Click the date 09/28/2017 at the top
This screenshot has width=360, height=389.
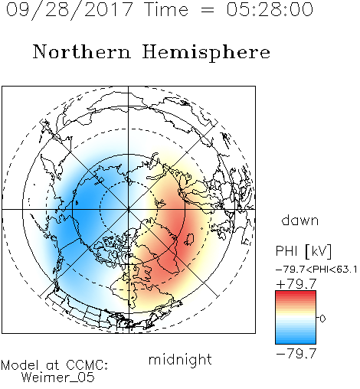coord(70,10)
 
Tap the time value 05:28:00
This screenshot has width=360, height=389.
coord(270,9)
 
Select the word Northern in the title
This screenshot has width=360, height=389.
coord(82,51)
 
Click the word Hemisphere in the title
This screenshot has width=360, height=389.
coord(206,53)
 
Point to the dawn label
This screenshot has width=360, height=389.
coord(300,221)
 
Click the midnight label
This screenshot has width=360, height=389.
coord(180,359)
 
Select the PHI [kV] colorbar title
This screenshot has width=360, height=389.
coord(303,251)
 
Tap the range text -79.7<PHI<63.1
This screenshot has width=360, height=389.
coord(316,270)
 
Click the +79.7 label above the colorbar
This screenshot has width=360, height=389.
coord(296,284)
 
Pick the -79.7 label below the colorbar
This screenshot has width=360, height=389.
coord(296,354)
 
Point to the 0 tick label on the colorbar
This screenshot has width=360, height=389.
coord(322,319)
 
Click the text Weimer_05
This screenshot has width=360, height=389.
coord(58,378)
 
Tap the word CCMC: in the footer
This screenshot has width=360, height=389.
coord(87,365)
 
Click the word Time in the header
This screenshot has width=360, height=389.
coord(166,9)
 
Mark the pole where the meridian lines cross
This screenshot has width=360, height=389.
coord(129,209)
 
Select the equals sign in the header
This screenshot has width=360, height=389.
coord(207,10)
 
